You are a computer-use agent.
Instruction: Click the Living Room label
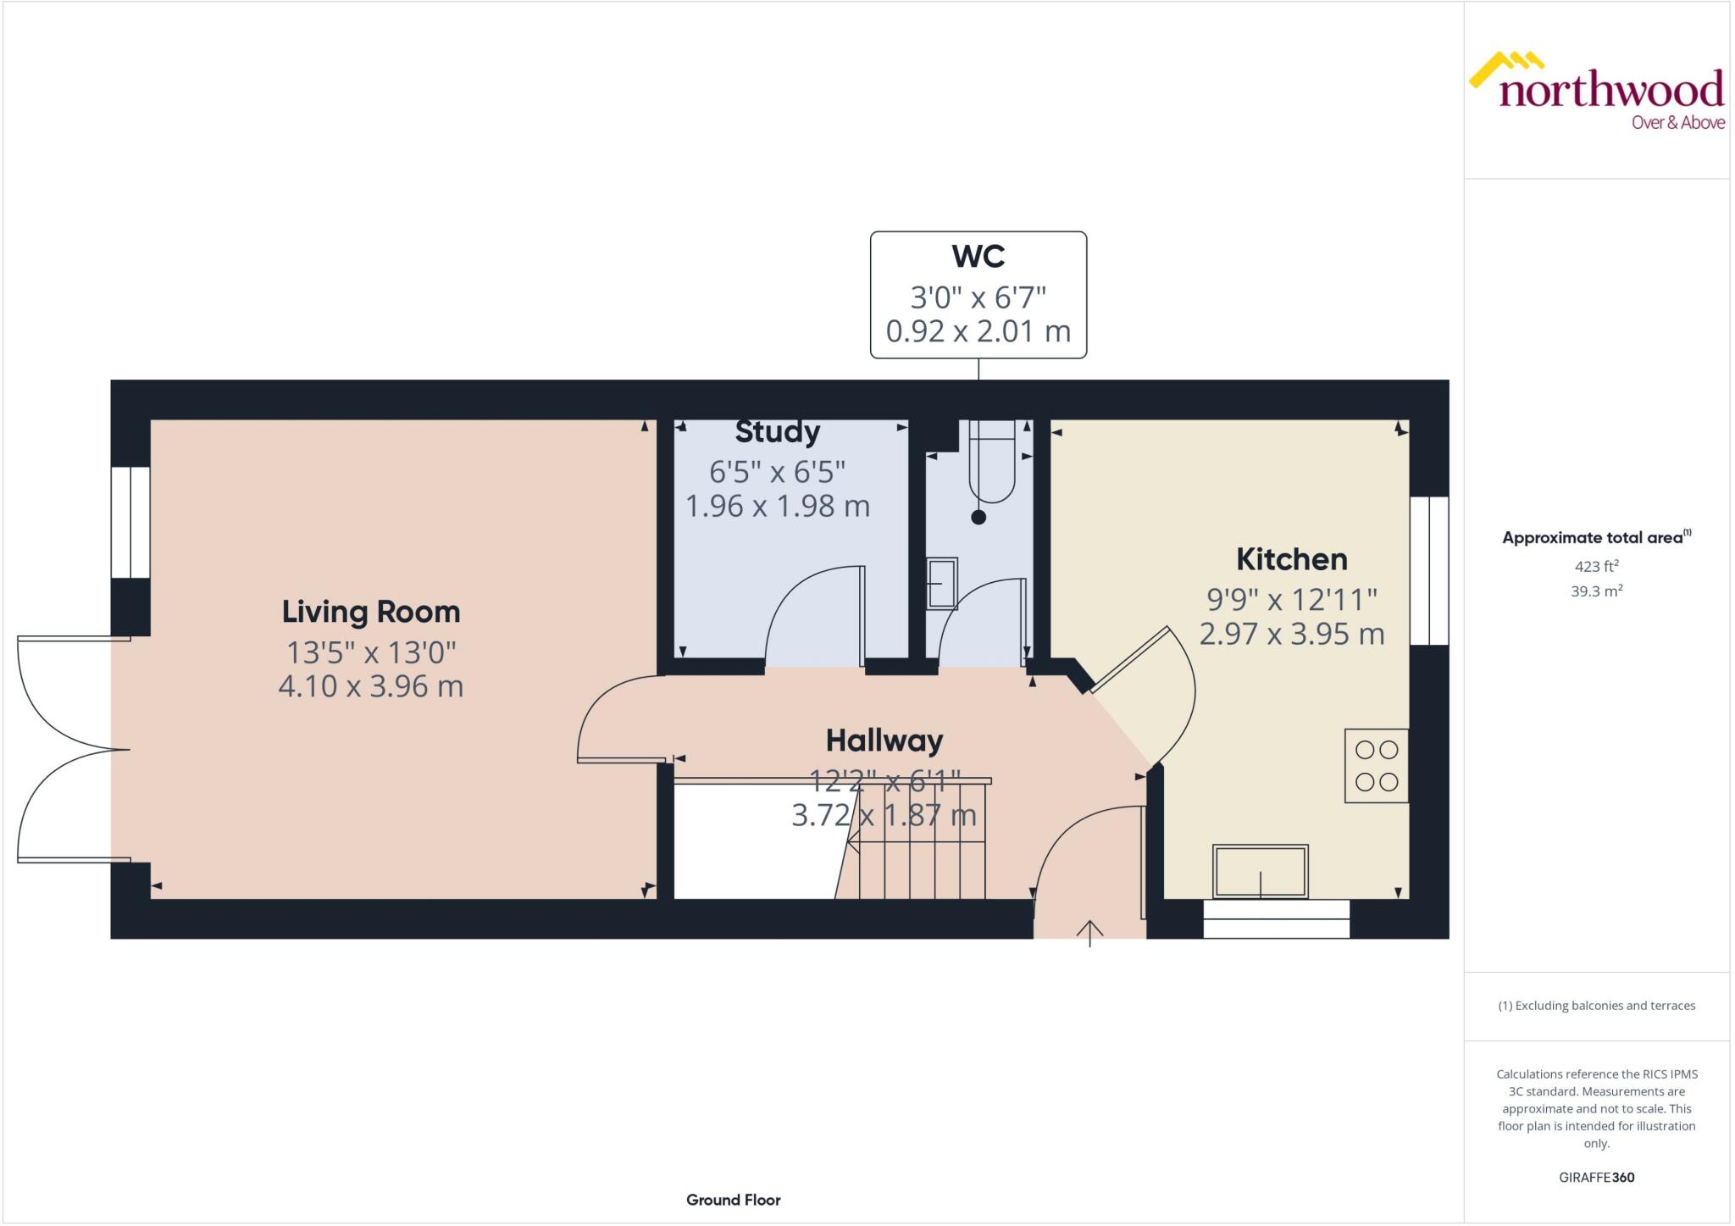pyautogui.click(x=370, y=612)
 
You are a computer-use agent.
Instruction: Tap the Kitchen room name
pyautogui.click(x=1291, y=559)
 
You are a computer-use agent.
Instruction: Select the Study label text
pyautogui.click(x=777, y=432)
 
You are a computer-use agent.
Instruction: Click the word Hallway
pyautogui.click(x=884, y=741)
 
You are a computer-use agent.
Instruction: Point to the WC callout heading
pyautogui.click(x=978, y=256)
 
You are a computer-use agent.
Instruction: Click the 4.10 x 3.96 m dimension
pyautogui.click(x=370, y=686)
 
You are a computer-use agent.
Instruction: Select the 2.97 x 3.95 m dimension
pyautogui.click(x=1291, y=634)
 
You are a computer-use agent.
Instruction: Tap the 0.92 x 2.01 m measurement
pyautogui.click(x=978, y=331)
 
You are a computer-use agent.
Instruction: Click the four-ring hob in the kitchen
pyautogui.click(x=1376, y=766)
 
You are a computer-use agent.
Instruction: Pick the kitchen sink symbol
pyautogui.click(x=1260, y=871)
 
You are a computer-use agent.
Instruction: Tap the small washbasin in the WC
pyautogui.click(x=941, y=583)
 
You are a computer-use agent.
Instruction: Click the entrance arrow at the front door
pyautogui.click(x=1089, y=933)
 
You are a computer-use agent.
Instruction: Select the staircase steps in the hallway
pyautogui.click(x=923, y=847)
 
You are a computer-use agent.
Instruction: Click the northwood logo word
pyautogui.click(x=1610, y=90)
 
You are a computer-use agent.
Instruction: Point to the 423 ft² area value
pyautogui.click(x=1596, y=566)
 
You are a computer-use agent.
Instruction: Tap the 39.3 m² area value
pyautogui.click(x=1596, y=591)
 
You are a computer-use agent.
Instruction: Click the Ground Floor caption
pyautogui.click(x=733, y=1200)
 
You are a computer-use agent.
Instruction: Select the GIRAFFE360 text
pyautogui.click(x=1596, y=1177)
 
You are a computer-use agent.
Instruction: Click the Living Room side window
pyautogui.click(x=130, y=522)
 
